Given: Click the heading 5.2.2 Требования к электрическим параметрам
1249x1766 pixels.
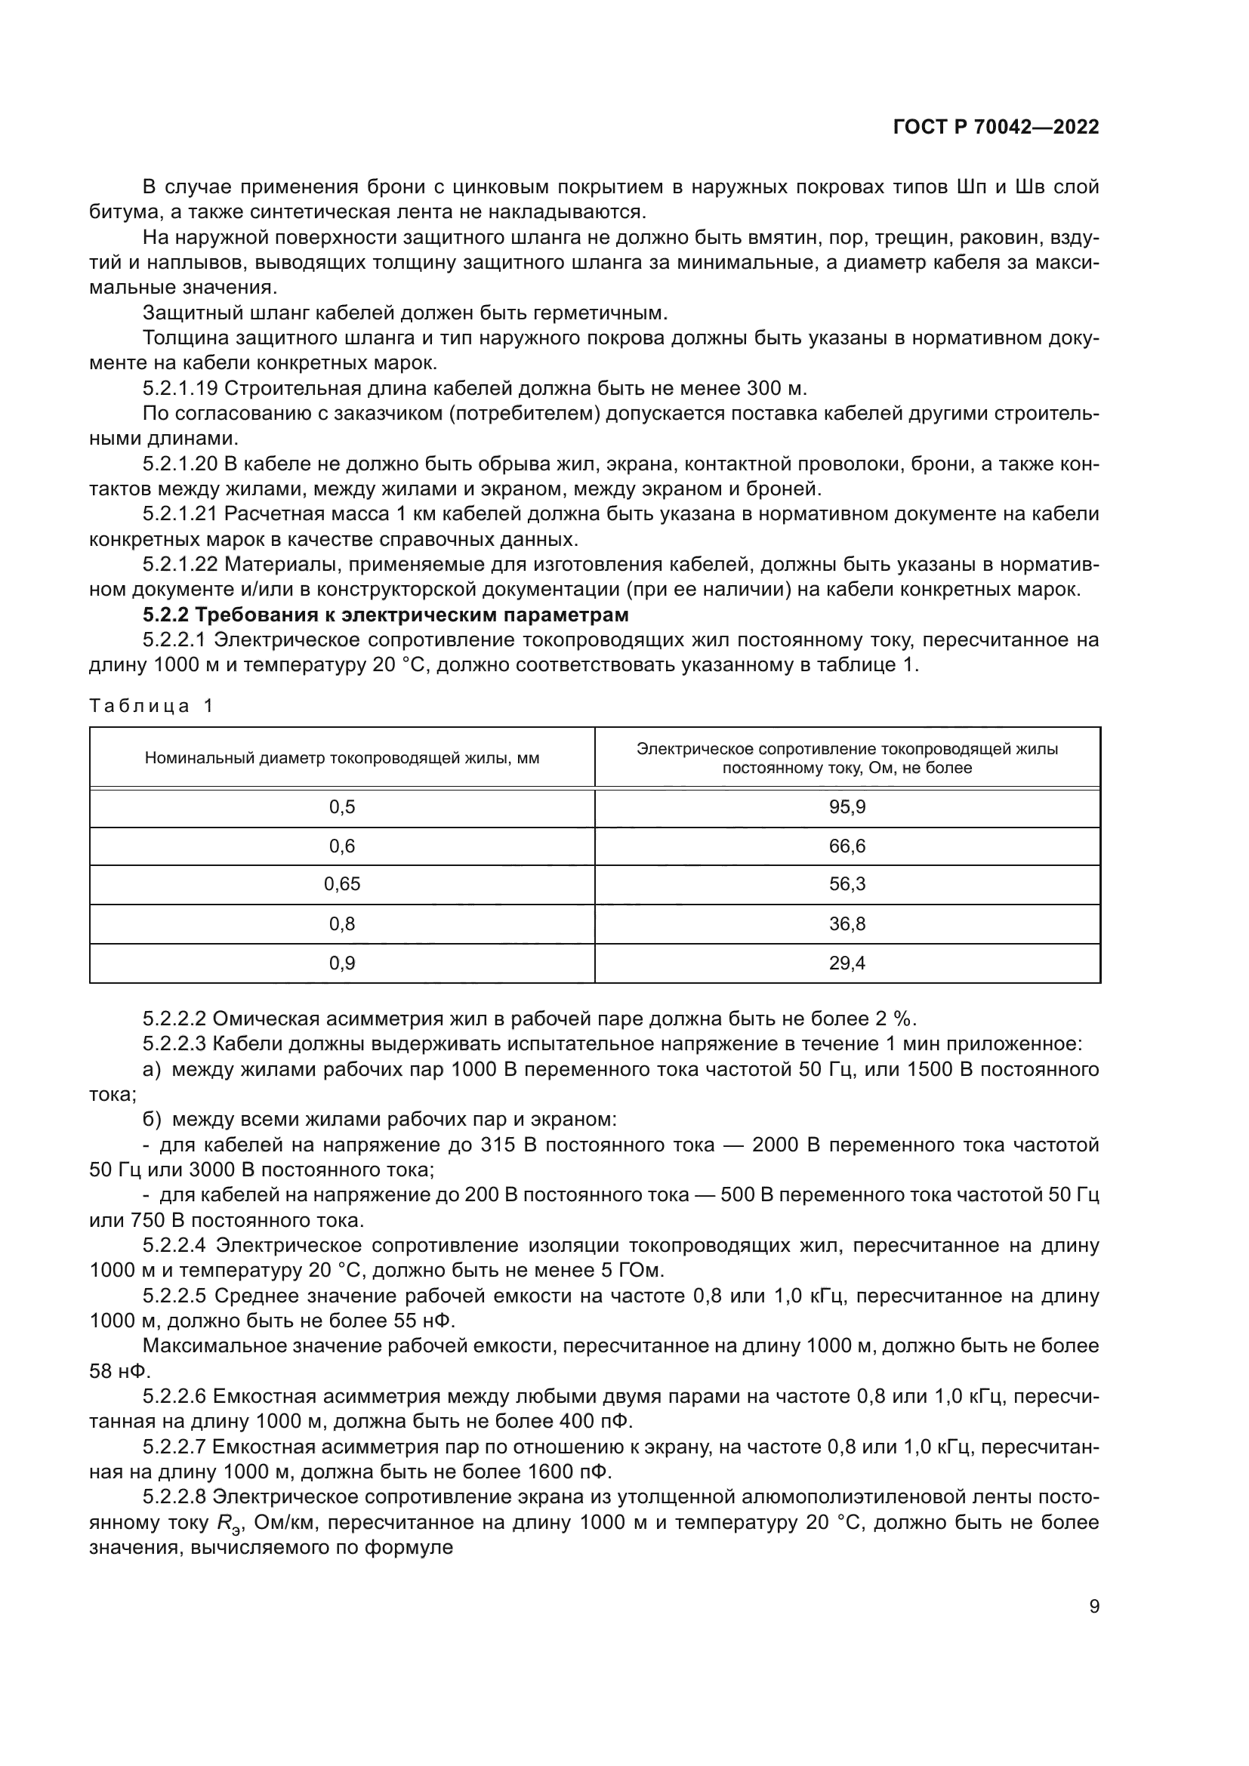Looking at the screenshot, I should [x=385, y=615].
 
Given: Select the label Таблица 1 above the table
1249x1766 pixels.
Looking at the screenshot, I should [x=151, y=705].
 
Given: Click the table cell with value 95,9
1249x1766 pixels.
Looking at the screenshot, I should [x=847, y=807].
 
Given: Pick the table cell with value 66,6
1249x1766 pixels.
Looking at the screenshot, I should [x=847, y=846].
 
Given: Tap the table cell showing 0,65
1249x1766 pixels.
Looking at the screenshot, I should [x=341, y=884].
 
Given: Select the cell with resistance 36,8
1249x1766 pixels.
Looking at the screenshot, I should [x=847, y=923].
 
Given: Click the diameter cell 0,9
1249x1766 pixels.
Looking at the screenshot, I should [x=341, y=962].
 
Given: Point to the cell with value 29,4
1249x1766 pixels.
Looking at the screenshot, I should [x=847, y=962].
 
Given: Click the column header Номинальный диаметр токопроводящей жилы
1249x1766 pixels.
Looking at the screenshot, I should [x=341, y=757].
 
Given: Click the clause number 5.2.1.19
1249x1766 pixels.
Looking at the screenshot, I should [x=180, y=387].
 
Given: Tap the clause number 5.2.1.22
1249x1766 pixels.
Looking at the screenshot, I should [x=180, y=565].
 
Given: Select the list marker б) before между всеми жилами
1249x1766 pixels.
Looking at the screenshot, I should [x=153, y=1119].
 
